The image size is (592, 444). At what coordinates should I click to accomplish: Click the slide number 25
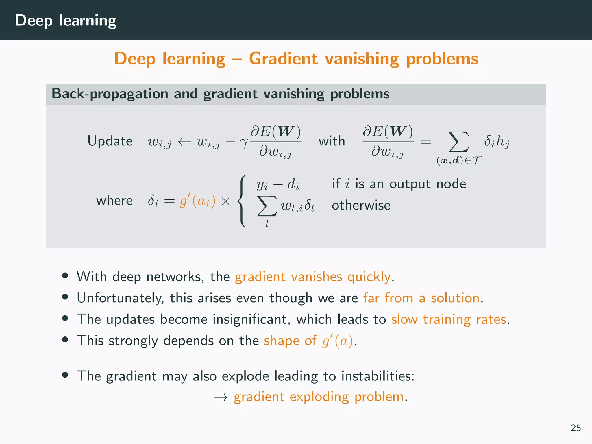576,428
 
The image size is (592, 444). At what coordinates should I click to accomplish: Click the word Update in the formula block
110,141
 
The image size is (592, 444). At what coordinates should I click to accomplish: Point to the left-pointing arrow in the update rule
184,142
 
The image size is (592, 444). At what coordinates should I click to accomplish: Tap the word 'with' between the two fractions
332,141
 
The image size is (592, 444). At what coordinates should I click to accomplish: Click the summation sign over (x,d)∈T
458,142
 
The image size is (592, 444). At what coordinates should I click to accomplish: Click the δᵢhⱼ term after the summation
497,141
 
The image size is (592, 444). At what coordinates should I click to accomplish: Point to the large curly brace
242,201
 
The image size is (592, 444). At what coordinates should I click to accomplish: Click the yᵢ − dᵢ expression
277,184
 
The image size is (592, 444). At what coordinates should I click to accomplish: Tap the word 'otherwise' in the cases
361,205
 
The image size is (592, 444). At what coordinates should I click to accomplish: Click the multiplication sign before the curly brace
225,201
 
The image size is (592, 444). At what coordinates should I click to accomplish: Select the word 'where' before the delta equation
114,200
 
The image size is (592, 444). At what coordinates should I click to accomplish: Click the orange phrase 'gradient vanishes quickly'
313,277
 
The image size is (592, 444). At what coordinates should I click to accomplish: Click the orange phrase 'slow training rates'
449,319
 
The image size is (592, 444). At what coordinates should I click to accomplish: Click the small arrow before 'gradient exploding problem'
221,397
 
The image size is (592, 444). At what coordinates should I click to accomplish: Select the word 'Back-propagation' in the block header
110,94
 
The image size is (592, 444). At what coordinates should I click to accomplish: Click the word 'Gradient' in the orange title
283,59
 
